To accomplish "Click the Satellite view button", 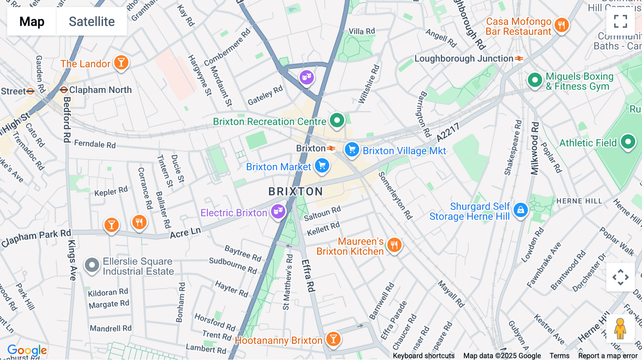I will pyautogui.click(x=92, y=22).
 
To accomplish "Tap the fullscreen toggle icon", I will pyautogui.click(x=620, y=21).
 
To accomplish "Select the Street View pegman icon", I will pyautogui.click(x=620, y=328).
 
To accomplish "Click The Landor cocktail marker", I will pyautogui.click(x=121, y=63).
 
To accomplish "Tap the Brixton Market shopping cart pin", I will pyautogui.click(x=322, y=165).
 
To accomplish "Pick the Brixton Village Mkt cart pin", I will pyautogui.click(x=352, y=149).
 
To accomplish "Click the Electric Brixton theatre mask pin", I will pyautogui.click(x=278, y=212).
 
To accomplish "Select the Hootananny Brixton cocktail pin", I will pyautogui.click(x=333, y=339).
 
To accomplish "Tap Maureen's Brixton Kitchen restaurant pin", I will pyautogui.click(x=394, y=245).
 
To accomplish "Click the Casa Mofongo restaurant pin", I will pyautogui.click(x=561, y=25).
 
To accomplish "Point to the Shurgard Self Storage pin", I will pyautogui.click(x=520, y=210).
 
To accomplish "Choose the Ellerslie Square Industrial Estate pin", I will pyautogui.click(x=92, y=265).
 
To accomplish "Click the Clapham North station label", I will pyautogui.click(x=100, y=90).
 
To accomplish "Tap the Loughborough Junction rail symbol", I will pyautogui.click(x=519, y=58).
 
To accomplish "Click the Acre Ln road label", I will pyautogui.click(x=185, y=233).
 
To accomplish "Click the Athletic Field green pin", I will pyautogui.click(x=628, y=142).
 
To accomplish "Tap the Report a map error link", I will pyautogui.click(x=608, y=356).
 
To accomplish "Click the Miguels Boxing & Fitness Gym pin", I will pyautogui.click(x=535, y=80).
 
